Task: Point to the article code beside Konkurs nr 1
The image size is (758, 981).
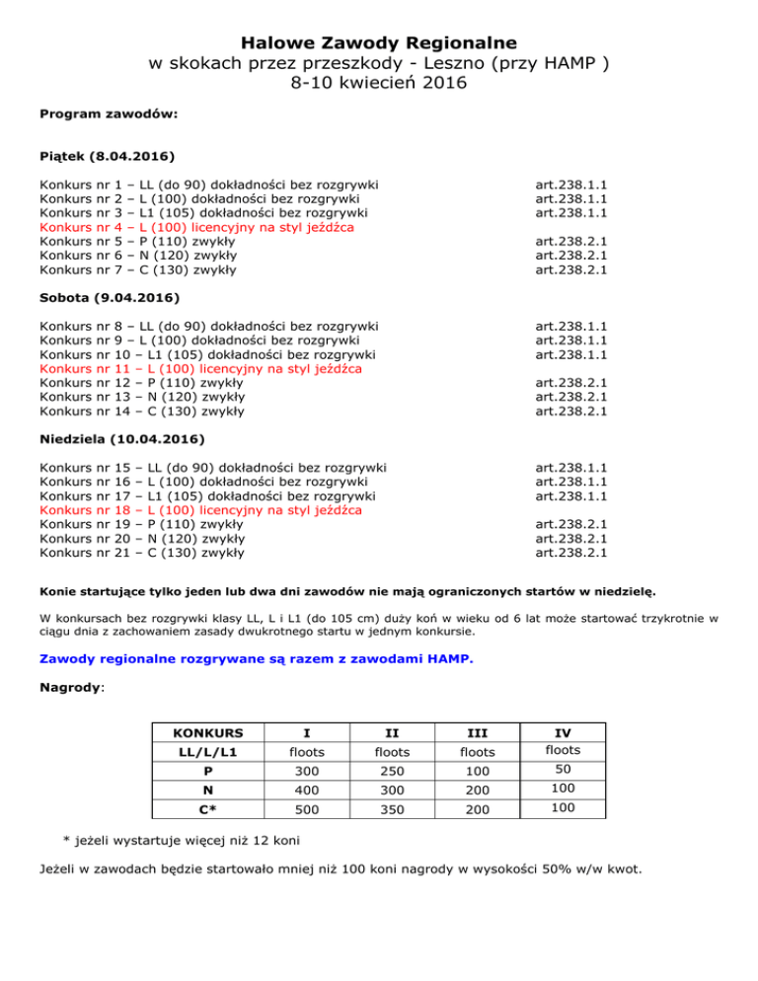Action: coord(570,185)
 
